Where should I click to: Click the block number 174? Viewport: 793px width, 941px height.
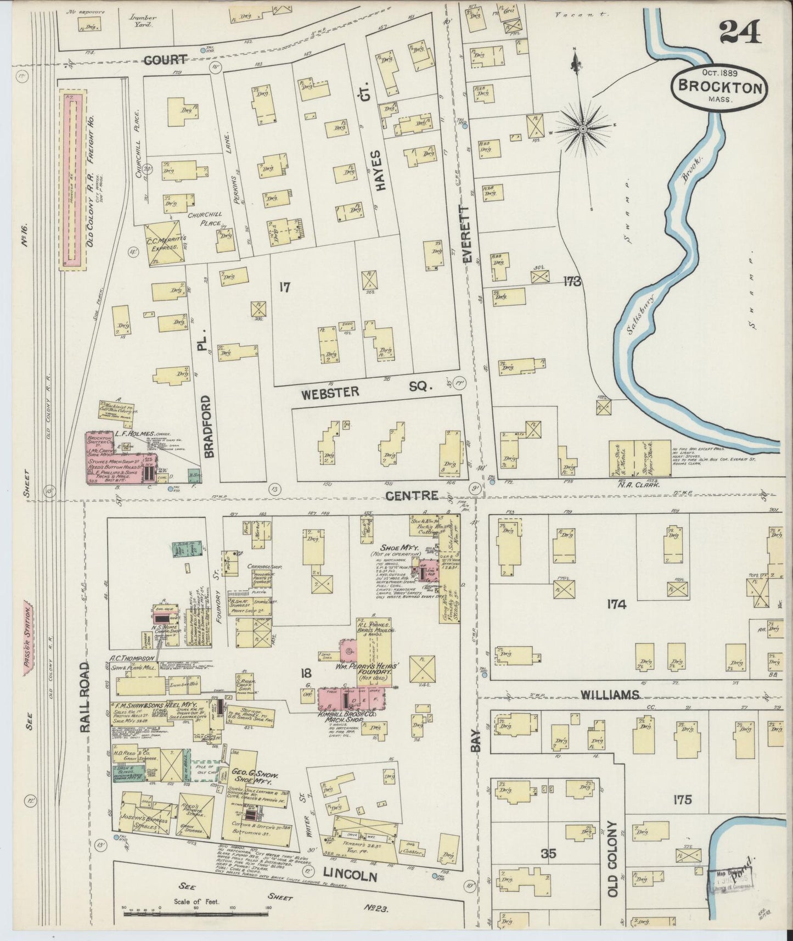coord(617,604)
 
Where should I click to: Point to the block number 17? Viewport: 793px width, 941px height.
coord(284,287)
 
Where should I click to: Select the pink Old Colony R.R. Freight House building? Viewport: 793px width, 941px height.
coord(74,180)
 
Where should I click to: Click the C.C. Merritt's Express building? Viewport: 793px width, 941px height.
coord(164,243)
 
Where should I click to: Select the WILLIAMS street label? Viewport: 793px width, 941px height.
coord(610,695)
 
